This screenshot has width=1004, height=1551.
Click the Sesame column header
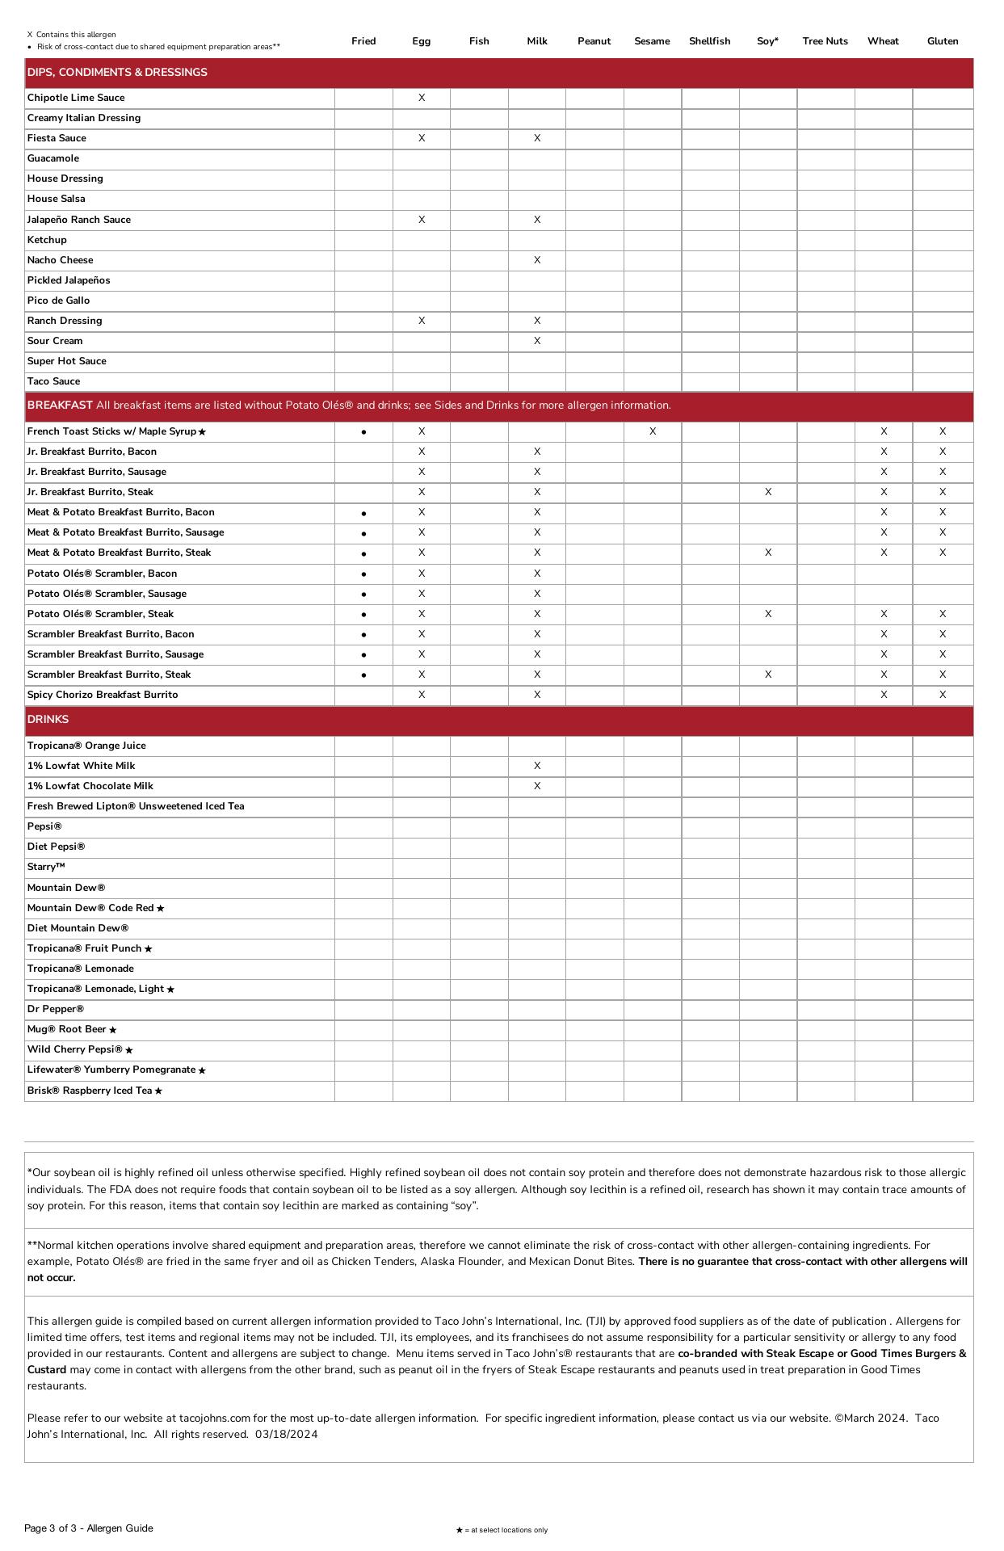(652, 41)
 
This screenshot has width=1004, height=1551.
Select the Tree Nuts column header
(825, 41)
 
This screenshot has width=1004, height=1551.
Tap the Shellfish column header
(709, 41)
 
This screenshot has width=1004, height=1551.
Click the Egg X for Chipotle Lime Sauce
(422, 98)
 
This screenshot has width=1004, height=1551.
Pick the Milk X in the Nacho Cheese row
(537, 260)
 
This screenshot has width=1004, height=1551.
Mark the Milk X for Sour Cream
(537, 341)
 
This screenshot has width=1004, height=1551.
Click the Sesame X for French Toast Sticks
(653, 431)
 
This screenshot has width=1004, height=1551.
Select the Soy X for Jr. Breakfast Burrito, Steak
(768, 492)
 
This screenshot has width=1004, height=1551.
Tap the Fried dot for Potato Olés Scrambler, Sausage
(364, 595)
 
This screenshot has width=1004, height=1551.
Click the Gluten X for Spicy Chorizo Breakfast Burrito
(943, 695)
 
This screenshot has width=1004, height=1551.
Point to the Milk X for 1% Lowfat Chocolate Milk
(537, 786)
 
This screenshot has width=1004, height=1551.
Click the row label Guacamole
(53, 158)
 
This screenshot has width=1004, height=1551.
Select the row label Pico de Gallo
(58, 301)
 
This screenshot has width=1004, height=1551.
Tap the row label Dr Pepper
(56, 1009)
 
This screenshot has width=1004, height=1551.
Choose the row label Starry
(46, 867)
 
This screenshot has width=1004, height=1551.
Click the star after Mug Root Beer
(113, 1030)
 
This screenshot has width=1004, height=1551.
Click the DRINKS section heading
(48, 719)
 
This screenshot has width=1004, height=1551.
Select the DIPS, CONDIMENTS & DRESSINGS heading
(117, 73)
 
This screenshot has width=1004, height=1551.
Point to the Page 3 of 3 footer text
(88, 1528)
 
